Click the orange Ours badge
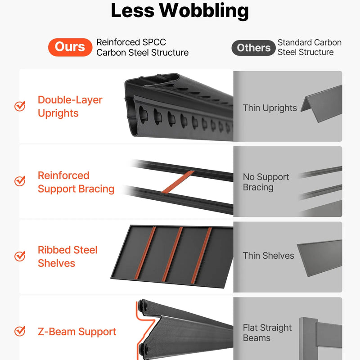(x=70, y=47)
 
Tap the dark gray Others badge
(x=253, y=48)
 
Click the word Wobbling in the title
(x=204, y=10)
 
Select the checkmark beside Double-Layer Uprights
(x=20, y=106)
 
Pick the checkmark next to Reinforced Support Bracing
(x=20, y=181)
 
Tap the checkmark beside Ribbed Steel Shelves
(x=20, y=256)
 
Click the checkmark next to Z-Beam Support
(x=20, y=331)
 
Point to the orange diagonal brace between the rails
(x=178, y=182)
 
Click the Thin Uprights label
(x=270, y=108)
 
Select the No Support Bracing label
(x=266, y=182)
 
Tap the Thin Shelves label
(x=268, y=256)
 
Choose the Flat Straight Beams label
(x=267, y=333)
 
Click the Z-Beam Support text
(x=77, y=332)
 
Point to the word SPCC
(x=154, y=42)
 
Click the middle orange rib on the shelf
(x=172, y=254)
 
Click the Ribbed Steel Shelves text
(x=67, y=256)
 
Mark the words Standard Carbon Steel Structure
(x=310, y=47)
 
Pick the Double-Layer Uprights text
(x=70, y=107)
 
